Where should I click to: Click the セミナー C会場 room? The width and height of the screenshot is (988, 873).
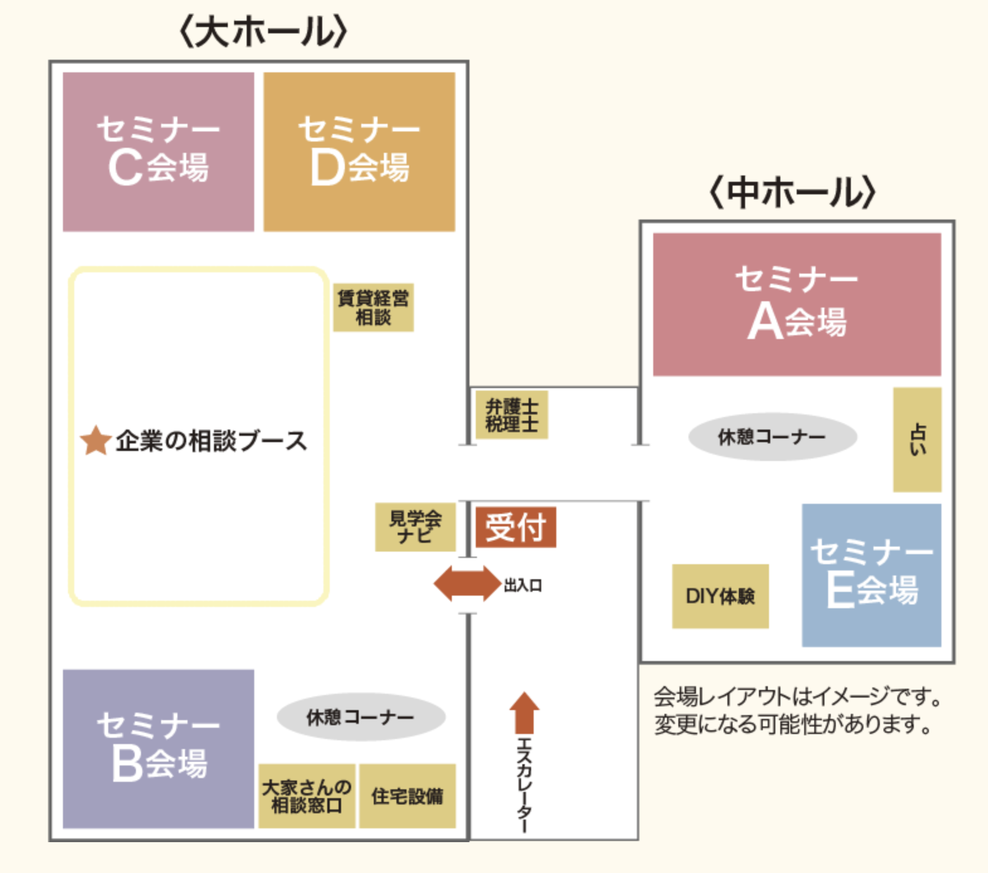158,152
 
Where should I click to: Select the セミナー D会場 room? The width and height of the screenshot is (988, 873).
359,152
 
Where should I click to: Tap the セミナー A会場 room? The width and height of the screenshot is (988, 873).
797,304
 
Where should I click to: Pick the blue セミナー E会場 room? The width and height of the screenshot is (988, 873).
872,575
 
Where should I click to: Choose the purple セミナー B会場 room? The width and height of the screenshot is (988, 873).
158,748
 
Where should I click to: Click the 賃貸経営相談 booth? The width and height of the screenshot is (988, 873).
373,308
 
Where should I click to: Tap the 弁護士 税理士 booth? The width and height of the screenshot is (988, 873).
512,415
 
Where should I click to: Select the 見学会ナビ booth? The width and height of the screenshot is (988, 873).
415,527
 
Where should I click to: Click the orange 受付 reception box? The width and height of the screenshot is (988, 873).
515,527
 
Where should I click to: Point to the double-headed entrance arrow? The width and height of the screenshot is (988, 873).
467,584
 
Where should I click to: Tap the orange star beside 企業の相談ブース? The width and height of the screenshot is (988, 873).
96,440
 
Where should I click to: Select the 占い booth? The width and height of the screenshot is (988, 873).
917,440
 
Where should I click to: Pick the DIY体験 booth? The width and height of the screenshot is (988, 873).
720,596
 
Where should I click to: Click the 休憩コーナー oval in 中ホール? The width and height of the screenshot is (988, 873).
772,436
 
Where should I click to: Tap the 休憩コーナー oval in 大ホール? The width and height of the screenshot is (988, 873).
361,717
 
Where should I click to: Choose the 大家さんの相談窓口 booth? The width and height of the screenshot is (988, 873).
306,796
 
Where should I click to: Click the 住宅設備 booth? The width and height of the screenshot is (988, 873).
407,796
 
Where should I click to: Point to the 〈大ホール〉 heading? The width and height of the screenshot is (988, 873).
263,32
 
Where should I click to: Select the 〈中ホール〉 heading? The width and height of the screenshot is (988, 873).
792,192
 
